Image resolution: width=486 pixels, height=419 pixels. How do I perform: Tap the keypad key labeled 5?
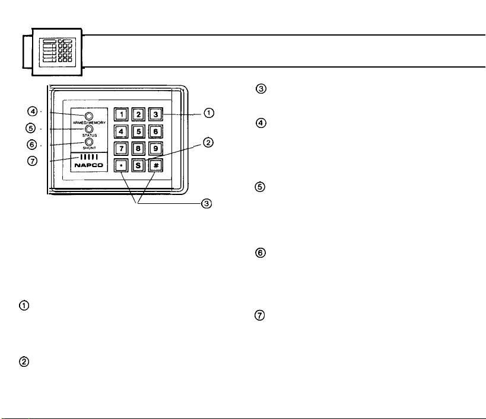[138, 132]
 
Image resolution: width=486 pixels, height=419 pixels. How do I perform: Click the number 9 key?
[155, 149]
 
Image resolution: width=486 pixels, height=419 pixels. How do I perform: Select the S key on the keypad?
[138, 165]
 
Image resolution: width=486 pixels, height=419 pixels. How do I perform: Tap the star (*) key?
[121, 165]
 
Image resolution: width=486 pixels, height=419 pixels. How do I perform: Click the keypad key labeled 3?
[155, 114]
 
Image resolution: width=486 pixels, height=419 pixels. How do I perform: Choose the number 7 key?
[121, 149]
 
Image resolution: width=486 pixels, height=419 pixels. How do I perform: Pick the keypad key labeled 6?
[155, 132]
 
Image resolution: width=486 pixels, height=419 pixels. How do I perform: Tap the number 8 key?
[138, 149]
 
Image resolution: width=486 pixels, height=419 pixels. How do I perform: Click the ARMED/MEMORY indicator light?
[89, 116]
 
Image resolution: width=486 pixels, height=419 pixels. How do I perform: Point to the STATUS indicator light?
[89, 129]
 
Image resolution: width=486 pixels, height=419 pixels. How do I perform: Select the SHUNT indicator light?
[89, 142]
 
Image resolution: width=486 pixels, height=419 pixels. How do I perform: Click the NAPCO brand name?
[88, 165]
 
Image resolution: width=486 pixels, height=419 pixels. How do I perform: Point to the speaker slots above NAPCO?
[89, 157]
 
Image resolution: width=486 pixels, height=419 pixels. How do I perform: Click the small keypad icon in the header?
[58, 52]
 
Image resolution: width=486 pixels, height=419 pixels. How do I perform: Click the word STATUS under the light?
[90, 135]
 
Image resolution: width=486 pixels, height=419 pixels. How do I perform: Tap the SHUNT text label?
[89, 148]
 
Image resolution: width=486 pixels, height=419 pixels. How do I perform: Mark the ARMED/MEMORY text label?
[89, 123]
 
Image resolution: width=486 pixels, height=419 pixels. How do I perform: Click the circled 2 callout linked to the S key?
[208, 143]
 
